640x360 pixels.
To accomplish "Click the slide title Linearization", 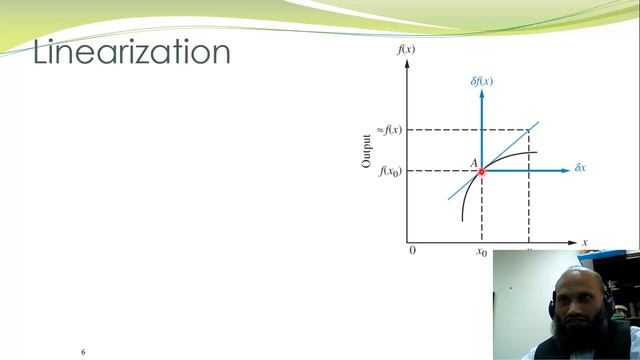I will pyautogui.click(x=131, y=52).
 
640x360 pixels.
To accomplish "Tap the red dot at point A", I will pyautogui.click(x=481, y=171).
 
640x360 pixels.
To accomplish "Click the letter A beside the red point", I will pyautogui.click(x=473, y=162).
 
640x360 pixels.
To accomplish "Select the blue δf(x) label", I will pyautogui.click(x=481, y=80).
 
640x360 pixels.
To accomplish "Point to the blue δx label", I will pyautogui.click(x=579, y=168).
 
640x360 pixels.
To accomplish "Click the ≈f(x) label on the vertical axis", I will pyautogui.click(x=389, y=130).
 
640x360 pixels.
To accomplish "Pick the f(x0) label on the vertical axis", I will pyautogui.click(x=390, y=172).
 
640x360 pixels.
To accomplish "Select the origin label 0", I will pyautogui.click(x=412, y=251).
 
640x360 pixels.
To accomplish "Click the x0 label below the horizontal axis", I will pyautogui.click(x=481, y=253).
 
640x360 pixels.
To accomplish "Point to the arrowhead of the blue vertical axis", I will pyautogui.click(x=481, y=92).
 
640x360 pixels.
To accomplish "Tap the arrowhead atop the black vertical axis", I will pyautogui.click(x=407, y=63).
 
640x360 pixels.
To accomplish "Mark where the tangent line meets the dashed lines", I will pyautogui.click(x=528, y=130).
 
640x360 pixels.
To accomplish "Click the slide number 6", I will pyautogui.click(x=83, y=352).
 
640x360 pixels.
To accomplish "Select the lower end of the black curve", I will pyautogui.click(x=462, y=219).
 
